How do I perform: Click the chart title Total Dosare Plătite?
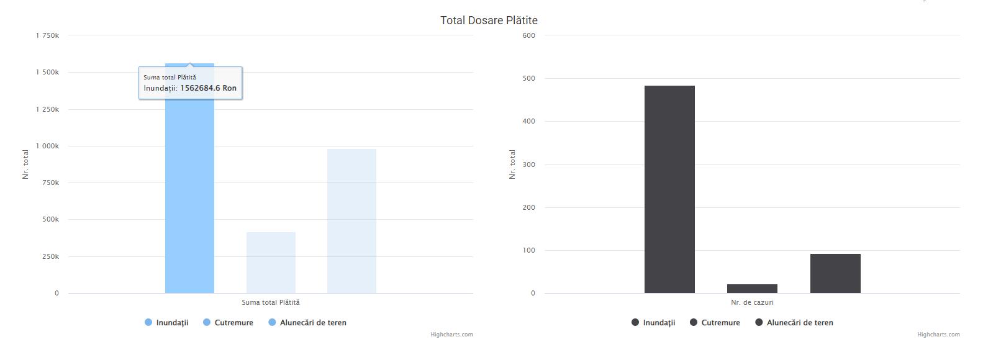pyautogui.click(x=489, y=20)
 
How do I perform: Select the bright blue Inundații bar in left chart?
pyautogui.click(x=189, y=199)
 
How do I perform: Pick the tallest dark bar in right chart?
pyautogui.click(x=669, y=189)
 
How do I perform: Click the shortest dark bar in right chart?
pyautogui.click(x=752, y=289)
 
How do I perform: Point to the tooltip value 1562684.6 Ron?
pyautogui.click(x=208, y=88)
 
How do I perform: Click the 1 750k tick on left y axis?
pyautogui.click(x=47, y=35)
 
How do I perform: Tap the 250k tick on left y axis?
pyautogui.click(x=50, y=256)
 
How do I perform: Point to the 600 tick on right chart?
pyautogui.click(x=528, y=35)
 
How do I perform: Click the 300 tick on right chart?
pyautogui.click(x=528, y=164)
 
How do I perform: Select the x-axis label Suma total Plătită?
pyautogui.click(x=271, y=302)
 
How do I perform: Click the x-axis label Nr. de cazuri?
pyautogui.click(x=752, y=302)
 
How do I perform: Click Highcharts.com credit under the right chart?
pyautogui.click(x=938, y=335)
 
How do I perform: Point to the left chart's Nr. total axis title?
pyautogui.click(x=25, y=164)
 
